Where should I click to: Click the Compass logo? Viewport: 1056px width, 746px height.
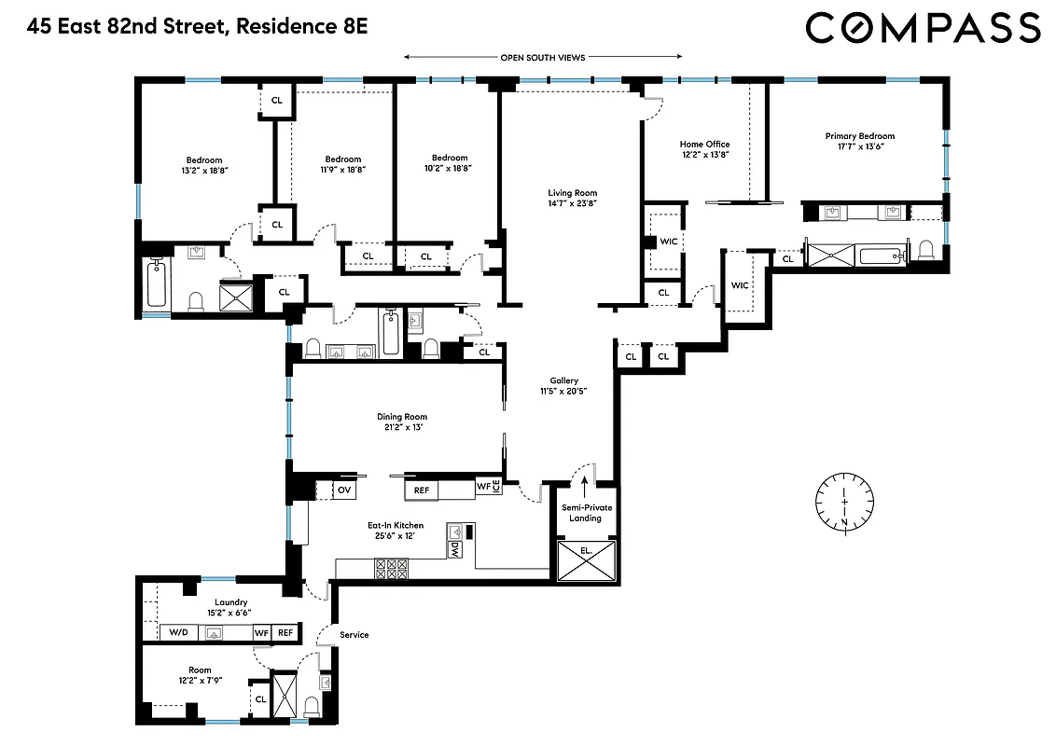[x=923, y=27]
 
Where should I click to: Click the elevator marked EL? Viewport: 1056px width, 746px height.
[x=586, y=562]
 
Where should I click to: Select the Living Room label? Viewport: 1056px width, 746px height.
[x=572, y=194]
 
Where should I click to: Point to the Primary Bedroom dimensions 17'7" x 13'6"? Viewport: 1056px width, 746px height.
[x=859, y=147]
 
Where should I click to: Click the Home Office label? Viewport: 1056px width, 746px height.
[x=704, y=145]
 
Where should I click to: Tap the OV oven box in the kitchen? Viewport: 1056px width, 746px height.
[x=344, y=490]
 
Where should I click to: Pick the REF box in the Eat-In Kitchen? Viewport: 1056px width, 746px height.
[x=421, y=490]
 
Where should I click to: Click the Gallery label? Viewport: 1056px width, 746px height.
[x=563, y=380]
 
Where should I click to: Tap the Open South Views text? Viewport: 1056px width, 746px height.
[x=542, y=58]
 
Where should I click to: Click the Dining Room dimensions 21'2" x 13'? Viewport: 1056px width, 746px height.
[x=402, y=428]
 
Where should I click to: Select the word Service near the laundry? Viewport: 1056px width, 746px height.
[x=354, y=635]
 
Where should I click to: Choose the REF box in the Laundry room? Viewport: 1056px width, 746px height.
[x=285, y=633]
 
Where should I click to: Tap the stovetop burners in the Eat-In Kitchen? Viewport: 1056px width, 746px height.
[x=392, y=565]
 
